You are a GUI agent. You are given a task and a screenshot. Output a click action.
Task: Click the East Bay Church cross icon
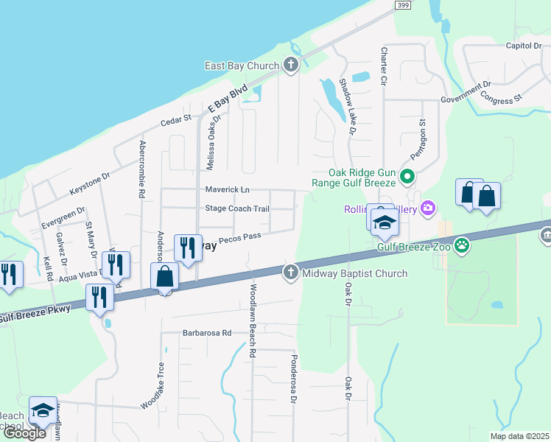pyautogui.click(x=291, y=66)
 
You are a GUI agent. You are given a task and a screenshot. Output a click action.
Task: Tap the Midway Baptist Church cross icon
pyautogui.click(x=291, y=273)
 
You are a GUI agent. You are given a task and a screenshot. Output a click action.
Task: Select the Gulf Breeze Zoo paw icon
pyautogui.click(x=462, y=246)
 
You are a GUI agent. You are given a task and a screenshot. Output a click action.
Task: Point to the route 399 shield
pyautogui.click(x=403, y=6)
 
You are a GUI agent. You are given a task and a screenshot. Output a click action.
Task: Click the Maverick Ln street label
pyautogui.click(x=227, y=190)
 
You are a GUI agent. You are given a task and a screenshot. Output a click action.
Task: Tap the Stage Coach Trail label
pyautogui.click(x=237, y=208)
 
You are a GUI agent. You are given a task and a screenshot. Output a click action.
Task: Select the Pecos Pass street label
pyautogui.click(x=240, y=238)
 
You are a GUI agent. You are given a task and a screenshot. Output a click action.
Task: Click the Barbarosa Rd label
pyautogui.click(x=207, y=333)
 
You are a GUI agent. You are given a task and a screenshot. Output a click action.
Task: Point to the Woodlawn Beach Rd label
pyautogui.click(x=252, y=321)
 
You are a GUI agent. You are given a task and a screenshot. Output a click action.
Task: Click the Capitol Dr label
pyautogui.click(x=523, y=46)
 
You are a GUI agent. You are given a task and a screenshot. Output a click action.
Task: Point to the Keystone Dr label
pyautogui.click(x=89, y=184)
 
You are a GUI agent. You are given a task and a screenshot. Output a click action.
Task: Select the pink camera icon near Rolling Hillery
pyautogui.click(x=428, y=210)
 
